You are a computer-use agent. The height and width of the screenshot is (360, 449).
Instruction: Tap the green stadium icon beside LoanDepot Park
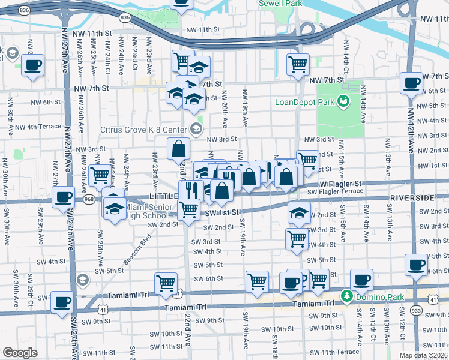tap(344, 101)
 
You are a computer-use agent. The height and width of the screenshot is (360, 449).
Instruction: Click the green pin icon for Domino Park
tap(346, 296)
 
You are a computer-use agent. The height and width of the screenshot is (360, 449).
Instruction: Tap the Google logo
tap(20, 352)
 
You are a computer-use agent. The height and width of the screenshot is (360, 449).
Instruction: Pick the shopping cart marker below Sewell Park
tap(297, 64)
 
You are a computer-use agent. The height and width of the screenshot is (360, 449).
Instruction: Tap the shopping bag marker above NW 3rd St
tap(179, 149)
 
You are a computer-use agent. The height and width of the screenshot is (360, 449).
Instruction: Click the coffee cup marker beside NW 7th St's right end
tap(412, 83)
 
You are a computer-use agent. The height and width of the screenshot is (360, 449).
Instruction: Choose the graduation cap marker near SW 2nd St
tap(298, 213)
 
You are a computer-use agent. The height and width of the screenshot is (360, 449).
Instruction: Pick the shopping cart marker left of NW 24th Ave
tap(100, 176)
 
